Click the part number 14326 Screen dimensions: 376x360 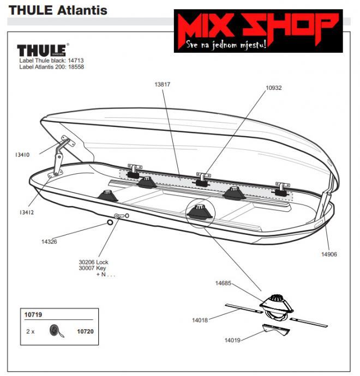(x=49, y=241)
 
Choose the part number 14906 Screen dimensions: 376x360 (x=329, y=253)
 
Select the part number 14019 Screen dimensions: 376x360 (x=233, y=340)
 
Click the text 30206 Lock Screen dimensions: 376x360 (x=94, y=262)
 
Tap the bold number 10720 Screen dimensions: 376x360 (x=85, y=331)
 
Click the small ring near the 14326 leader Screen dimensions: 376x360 (x=110, y=222)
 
